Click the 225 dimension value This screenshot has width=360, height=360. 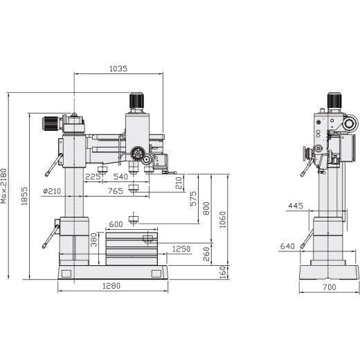(x=93, y=177)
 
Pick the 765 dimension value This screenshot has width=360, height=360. (x=116, y=190)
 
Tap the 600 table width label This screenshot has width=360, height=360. (x=116, y=223)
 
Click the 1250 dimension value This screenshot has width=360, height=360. (x=181, y=248)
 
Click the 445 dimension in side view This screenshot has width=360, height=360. (x=296, y=206)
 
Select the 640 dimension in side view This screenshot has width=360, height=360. (x=288, y=246)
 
